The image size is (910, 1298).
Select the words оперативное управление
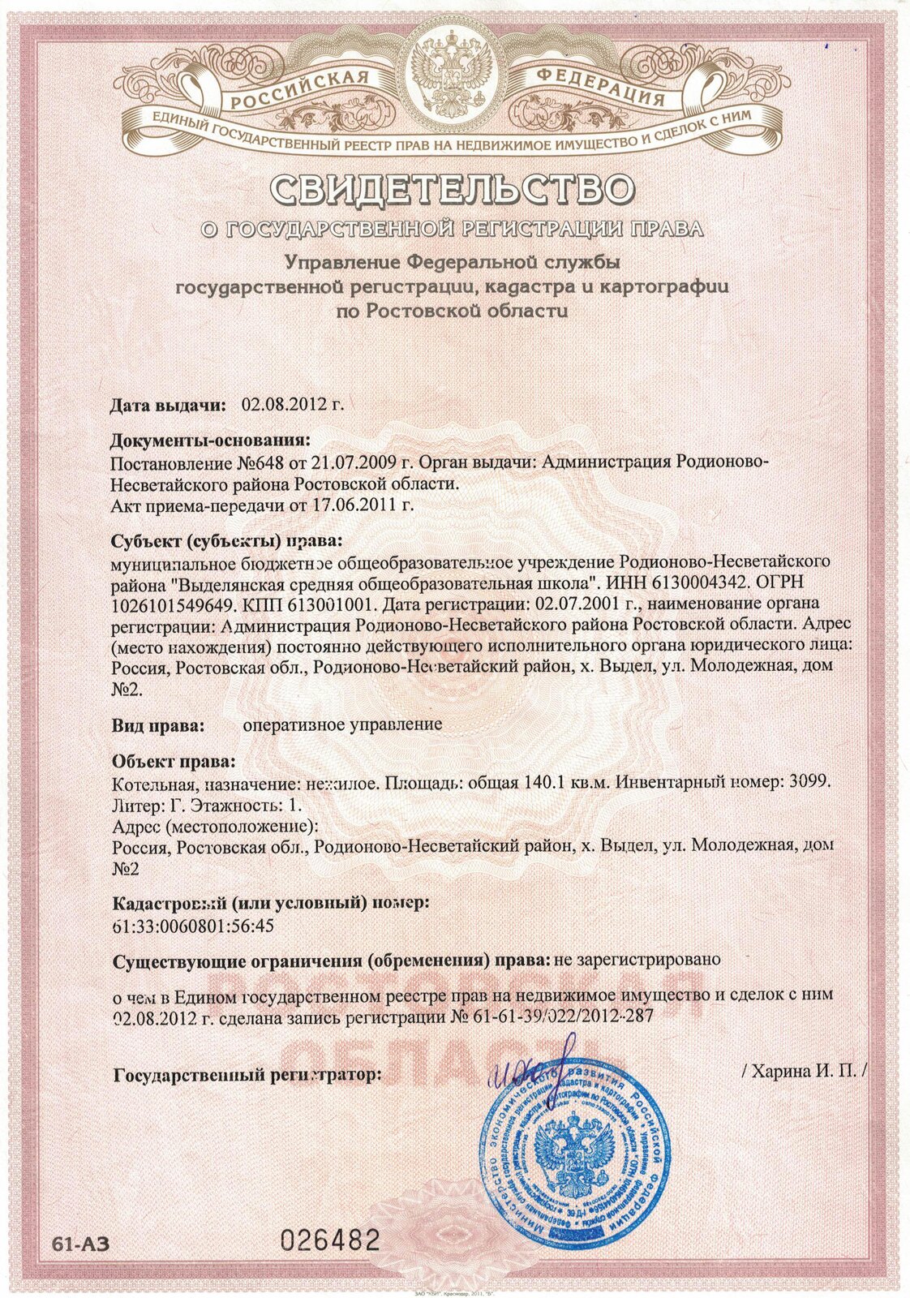click(342, 724)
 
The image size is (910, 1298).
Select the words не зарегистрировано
click(637, 959)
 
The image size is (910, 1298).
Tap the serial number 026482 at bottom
click(330, 1240)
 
